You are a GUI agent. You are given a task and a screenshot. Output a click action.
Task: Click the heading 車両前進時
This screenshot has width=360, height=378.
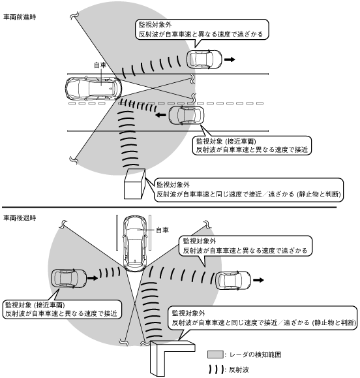tap(20, 17)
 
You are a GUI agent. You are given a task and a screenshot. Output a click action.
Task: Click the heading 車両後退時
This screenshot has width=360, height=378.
tap(20, 218)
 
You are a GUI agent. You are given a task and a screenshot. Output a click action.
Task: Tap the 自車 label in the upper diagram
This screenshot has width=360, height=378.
tap(100, 65)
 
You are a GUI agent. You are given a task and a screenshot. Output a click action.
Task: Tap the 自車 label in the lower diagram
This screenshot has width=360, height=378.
tap(162, 230)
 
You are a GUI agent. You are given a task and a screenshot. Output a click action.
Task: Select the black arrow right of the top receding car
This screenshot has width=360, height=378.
tap(230, 59)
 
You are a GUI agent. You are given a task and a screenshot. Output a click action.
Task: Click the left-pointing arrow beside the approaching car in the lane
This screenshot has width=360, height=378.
tap(160, 115)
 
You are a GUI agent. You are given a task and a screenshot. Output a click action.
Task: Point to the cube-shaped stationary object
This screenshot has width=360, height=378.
tap(135, 183)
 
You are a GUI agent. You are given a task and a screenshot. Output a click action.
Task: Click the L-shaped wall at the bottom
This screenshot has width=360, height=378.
tap(168, 357)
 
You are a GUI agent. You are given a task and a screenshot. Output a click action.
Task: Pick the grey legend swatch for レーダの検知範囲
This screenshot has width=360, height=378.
tap(215, 354)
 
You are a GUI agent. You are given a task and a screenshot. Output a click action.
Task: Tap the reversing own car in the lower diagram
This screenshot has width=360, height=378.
tap(135, 244)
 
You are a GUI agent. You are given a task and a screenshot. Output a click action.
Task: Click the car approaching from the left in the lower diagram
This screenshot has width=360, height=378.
tap(69, 278)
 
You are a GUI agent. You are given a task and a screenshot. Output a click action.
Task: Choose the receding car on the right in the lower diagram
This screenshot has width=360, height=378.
tap(233, 280)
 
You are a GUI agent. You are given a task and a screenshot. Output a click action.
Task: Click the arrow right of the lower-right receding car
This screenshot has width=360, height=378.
tap(259, 280)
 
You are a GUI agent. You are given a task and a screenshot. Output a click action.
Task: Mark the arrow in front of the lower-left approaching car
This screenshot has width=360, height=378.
tap(93, 278)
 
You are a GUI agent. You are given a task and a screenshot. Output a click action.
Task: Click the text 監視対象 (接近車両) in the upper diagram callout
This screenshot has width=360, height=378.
tap(226, 141)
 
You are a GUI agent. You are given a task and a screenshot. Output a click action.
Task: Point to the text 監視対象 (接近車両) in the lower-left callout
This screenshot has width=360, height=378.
tap(35, 305)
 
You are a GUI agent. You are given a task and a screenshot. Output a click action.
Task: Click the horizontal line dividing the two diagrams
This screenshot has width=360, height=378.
tap(169, 207)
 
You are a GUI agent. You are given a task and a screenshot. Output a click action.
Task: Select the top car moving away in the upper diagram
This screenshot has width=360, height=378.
tap(204, 59)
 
